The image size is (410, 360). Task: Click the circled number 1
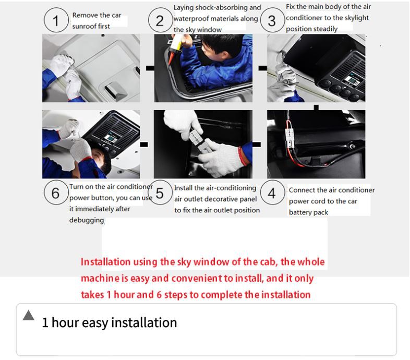coord(56,20)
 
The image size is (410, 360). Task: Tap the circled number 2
coord(160,20)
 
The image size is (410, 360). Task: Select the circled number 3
coord(272,20)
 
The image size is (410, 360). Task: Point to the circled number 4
coord(272,193)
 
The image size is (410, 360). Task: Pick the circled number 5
coord(160,193)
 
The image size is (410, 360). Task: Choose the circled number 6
coord(56,193)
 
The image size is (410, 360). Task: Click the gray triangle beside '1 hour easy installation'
coord(29,315)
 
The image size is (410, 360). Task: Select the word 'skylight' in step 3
coord(357,18)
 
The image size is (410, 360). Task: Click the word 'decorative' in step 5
coord(221,199)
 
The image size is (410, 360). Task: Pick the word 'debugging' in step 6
coord(87,220)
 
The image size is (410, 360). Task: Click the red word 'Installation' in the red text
coord(106,262)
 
